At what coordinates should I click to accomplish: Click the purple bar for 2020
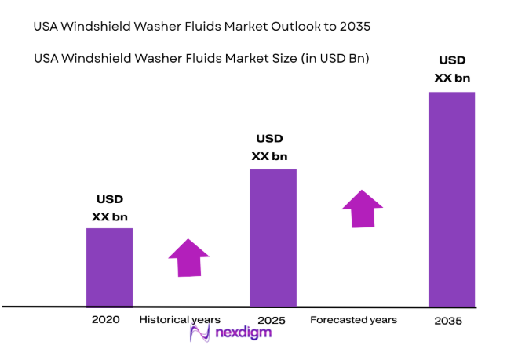coord(109,267)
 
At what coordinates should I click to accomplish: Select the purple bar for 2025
coord(272,237)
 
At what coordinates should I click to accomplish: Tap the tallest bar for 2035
coord(451,198)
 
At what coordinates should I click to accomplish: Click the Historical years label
coord(180,320)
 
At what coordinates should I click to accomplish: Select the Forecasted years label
coord(353,320)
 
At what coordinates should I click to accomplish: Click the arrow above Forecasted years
coord(362,209)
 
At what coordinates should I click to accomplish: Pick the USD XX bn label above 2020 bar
coord(110,207)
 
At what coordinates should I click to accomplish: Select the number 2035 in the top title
coord(353,27)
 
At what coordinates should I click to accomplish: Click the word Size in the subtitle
coord(260,58)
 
